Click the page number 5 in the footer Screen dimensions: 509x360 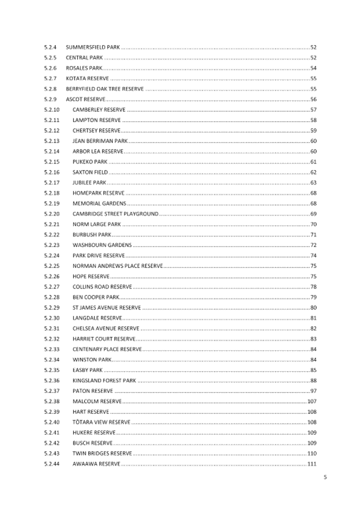pyautogui.click(x=325, y=477)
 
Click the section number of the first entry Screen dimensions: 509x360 pyautogui.click(x=51, y=47)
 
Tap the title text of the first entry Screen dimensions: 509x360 pyautogui.click(x=93, y=47)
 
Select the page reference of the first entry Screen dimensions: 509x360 pyautogui.click(x=314, y=47)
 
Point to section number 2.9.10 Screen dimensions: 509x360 pyautogui.click(x=52, y=110)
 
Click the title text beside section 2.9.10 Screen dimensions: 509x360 pyautogui.click(x=99, y=110)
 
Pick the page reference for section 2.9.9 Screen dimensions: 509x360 pyautogui.click(x=314, y=99)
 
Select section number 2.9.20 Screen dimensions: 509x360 pyautogui.click(x=52, y=214)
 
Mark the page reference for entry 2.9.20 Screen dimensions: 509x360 pyautogui.click(x=314, y=214)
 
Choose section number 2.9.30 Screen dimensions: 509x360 pyautogui.click(x=52, y=318)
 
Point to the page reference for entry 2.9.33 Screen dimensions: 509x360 pyautogui.click(x=314, y=349)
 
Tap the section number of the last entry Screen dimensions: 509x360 pyautogui.click(x=52, y=464)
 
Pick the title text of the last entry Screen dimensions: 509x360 pyautogui.click(x=97, y=464)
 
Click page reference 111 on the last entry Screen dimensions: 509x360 pyautogui.click(x=313, y=464)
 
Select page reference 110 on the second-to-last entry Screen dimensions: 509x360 pyautogui.click(x=313, y=453)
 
